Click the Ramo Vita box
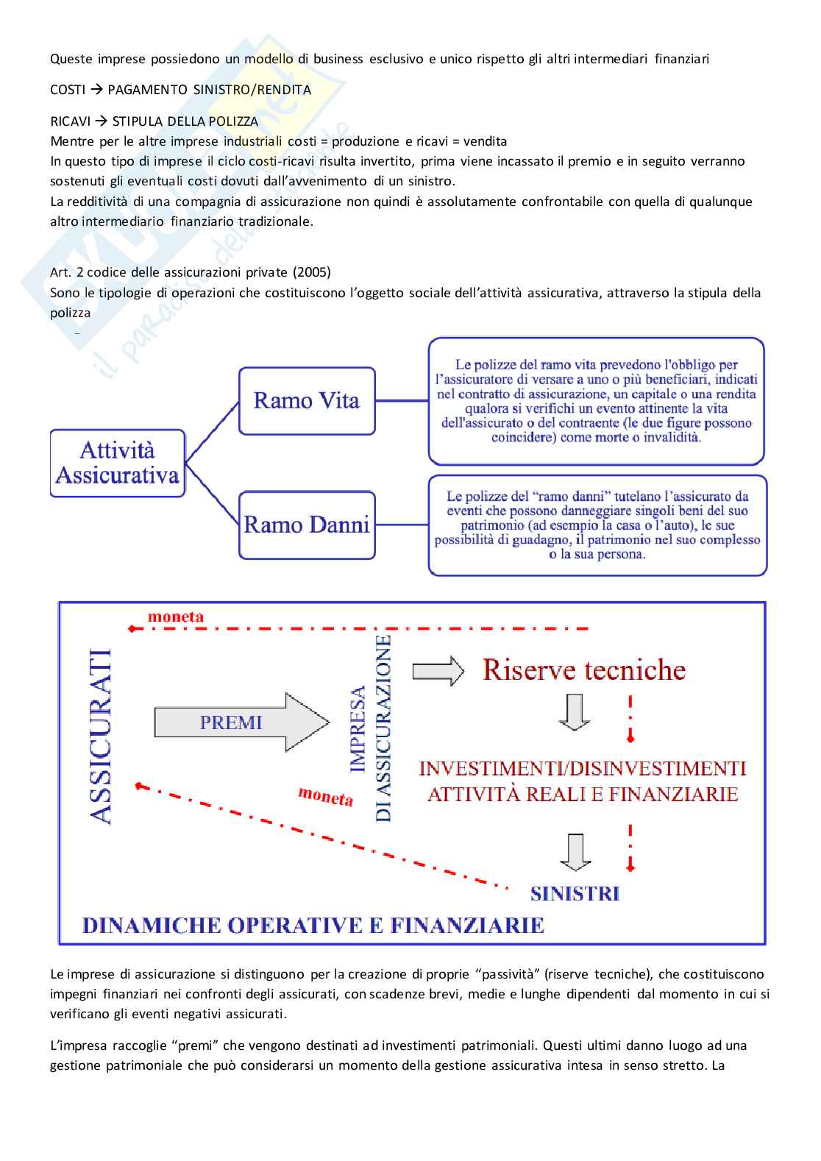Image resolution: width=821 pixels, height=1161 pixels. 307,401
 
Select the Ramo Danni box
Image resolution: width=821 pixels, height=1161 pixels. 307,525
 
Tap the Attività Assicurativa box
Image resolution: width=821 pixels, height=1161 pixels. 118,463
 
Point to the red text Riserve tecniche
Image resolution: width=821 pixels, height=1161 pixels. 584,670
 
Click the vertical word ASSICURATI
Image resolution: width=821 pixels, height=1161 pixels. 100,736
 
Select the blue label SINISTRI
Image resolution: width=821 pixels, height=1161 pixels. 575,893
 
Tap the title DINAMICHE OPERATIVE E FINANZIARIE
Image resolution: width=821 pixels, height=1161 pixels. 313,925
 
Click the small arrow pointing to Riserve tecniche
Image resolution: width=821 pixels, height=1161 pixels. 438,670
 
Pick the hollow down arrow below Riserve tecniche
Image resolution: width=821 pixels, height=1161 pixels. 575,711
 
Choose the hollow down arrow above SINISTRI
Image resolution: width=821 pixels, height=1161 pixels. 575,852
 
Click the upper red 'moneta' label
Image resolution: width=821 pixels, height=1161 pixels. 176,617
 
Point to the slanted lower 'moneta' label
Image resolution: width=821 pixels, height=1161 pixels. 325,795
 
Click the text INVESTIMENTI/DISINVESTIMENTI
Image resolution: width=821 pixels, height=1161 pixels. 582,768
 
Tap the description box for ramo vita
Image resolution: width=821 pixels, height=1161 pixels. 596,401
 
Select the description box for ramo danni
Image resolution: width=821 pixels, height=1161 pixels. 597,525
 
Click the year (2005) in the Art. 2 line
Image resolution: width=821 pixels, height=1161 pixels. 311,272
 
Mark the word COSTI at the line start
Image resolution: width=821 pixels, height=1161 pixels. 68,90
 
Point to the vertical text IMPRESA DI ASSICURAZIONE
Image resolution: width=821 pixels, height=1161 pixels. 371,728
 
